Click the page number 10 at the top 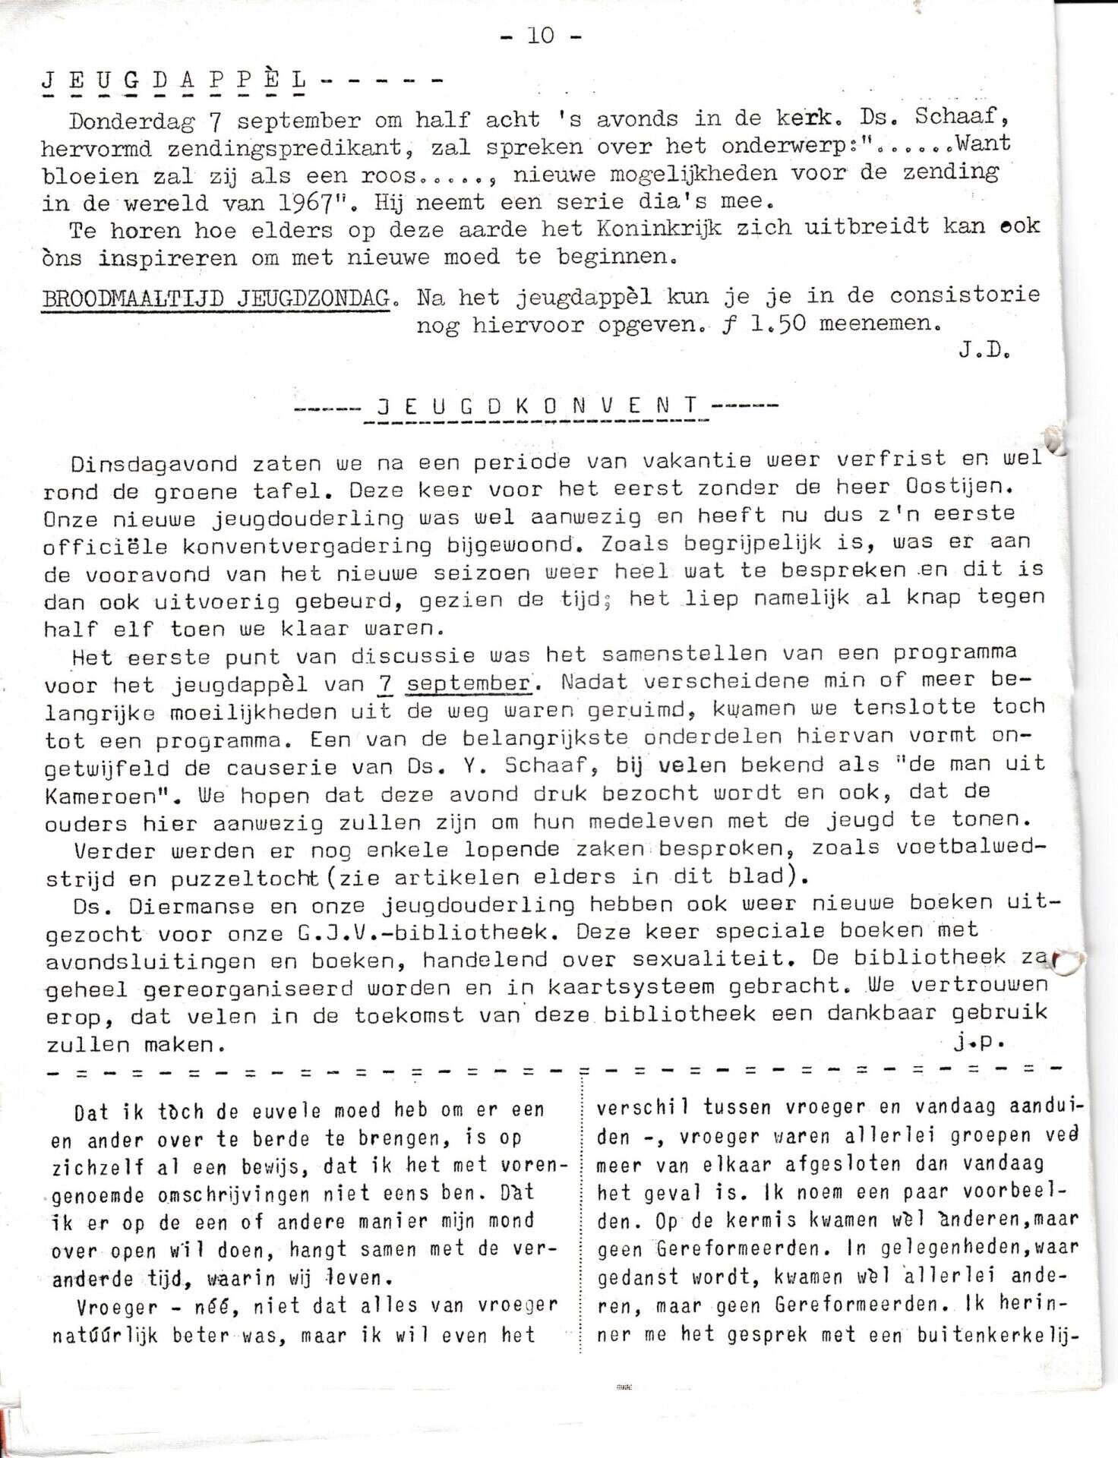[541, 35]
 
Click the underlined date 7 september [454, 683]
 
